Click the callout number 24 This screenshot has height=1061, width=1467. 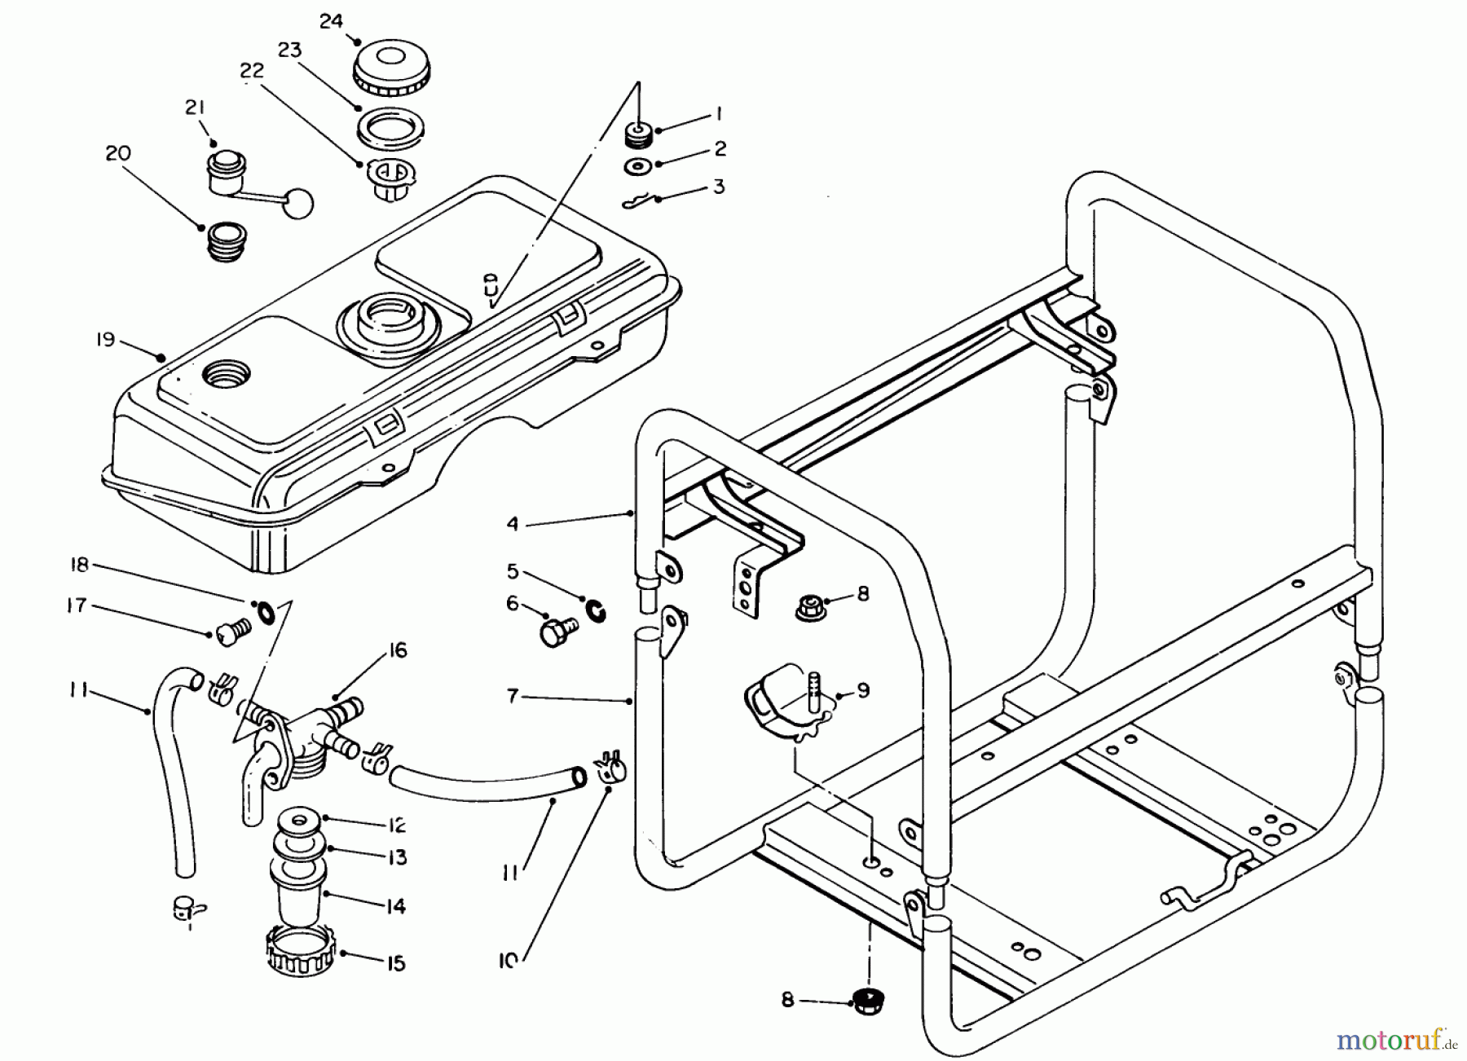[331, 21]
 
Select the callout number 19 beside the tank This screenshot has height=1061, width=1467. [106, 339]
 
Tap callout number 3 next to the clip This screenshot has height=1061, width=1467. [718, 186]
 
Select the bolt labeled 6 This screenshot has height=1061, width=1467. [557, 632]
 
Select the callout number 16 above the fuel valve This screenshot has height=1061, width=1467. [397, 650]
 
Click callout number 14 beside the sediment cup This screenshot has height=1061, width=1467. [395, 906]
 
